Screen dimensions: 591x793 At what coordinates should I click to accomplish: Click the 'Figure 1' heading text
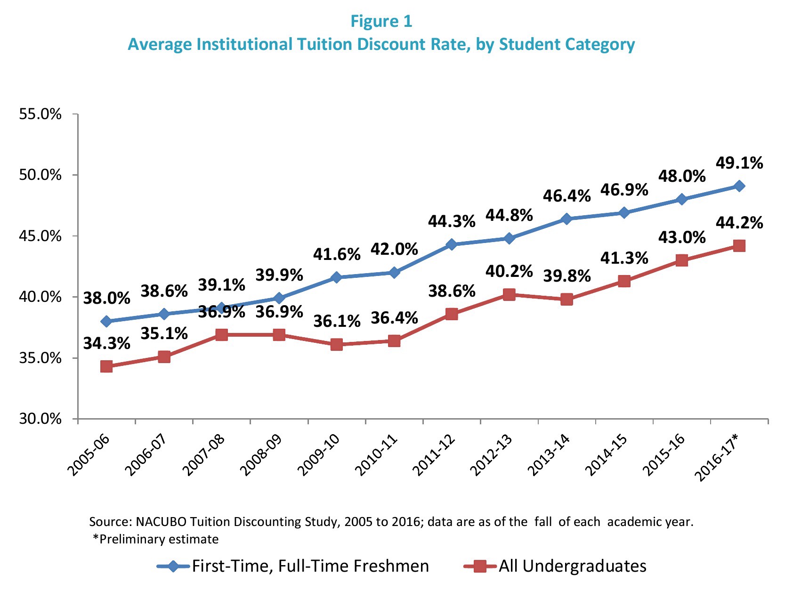(x=381, y=21)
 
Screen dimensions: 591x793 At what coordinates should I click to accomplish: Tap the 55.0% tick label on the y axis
(x=40, y=114)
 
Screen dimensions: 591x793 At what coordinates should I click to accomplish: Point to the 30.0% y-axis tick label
(x=40, y=419)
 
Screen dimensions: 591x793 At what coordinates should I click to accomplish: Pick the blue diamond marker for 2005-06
(x=106, y=322)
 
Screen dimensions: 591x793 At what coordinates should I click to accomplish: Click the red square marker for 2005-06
(x=106, y=366)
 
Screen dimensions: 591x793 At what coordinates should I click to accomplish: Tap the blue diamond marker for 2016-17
(x=739, y=186)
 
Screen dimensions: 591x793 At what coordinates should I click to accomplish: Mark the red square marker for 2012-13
(x=509, y=295)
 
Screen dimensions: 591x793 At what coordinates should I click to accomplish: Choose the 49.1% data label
(x=739, y=163)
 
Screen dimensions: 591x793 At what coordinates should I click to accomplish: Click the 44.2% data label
(x=739, y=223)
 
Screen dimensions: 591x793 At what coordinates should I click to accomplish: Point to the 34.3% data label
(x=107, y=343)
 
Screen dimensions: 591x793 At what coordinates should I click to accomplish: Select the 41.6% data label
(x=337, y=254)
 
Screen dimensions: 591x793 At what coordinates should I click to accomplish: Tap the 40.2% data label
(x=509, y=271)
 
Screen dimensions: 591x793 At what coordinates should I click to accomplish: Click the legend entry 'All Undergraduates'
(x=573, y=566)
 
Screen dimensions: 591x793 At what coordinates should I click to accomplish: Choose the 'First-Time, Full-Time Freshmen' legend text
(x=310, y=566)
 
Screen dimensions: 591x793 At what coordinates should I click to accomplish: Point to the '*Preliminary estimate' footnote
(x=156, y=539)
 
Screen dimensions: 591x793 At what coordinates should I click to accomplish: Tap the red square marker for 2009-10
(x=336, y=345)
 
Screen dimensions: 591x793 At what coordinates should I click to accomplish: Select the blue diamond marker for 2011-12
(x=452, y=244)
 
